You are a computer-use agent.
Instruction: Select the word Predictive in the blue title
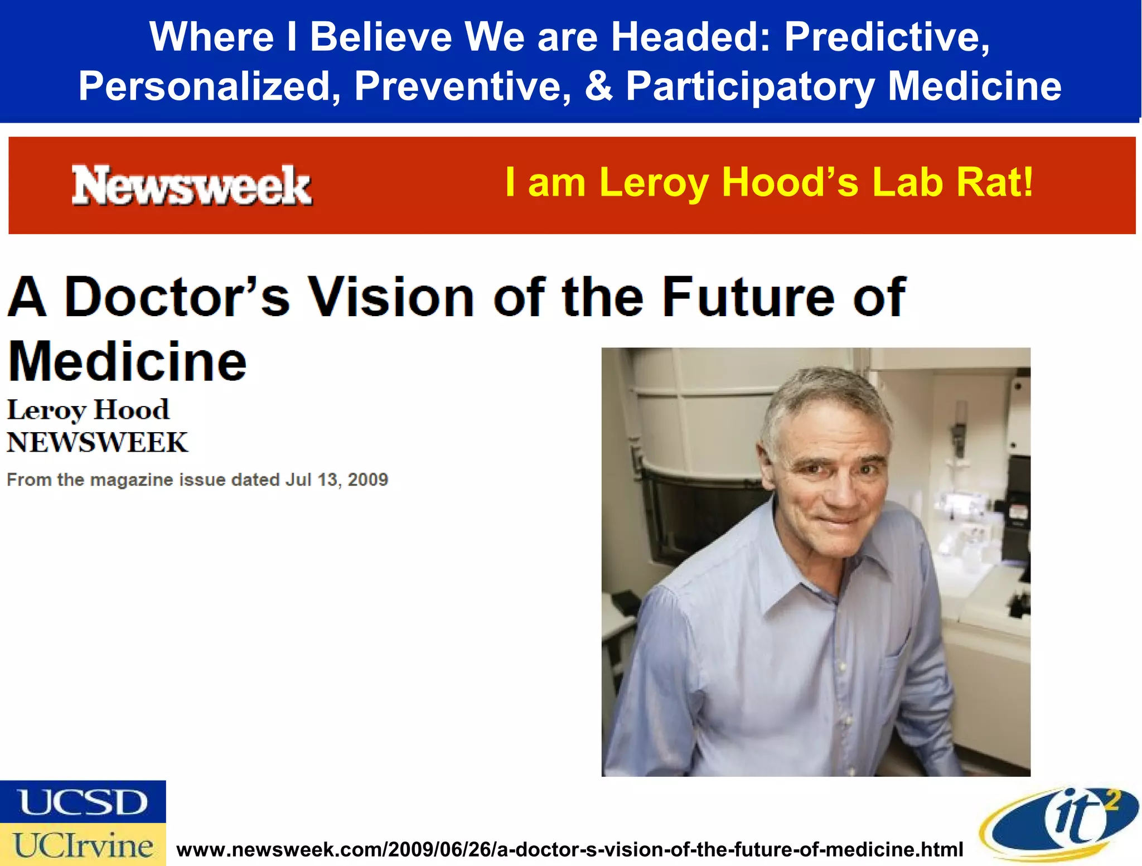pos(887,37)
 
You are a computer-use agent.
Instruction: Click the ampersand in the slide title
pos(598,86)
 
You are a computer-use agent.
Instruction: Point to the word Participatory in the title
pos(750,88)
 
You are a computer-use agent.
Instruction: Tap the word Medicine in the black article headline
pos(127,362)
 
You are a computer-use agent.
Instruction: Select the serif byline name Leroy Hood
pos(88,410)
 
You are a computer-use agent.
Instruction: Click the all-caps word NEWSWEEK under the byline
pos(98,443)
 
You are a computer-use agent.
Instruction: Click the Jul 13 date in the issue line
pos(310,480)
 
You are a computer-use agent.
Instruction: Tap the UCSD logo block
pos(83,802)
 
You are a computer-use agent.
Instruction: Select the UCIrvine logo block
pos(83,845)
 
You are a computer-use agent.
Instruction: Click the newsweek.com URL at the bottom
pos(569,849)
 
